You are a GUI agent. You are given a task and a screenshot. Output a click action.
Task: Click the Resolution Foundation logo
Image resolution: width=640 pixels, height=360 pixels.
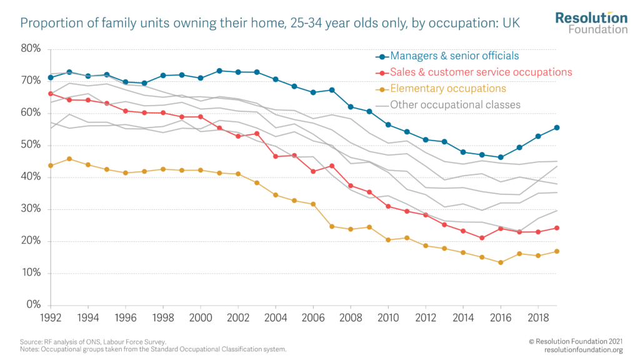pos(591,22)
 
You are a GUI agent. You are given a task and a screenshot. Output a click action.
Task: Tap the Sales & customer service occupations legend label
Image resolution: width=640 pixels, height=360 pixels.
pos(481,72)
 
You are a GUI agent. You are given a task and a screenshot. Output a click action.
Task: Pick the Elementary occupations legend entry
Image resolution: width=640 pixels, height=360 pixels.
pos(447,88)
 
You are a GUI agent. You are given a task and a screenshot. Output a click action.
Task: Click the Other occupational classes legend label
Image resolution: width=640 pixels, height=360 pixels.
pos(455,104)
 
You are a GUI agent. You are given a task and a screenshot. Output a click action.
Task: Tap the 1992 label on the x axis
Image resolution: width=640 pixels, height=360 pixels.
pos(51,318)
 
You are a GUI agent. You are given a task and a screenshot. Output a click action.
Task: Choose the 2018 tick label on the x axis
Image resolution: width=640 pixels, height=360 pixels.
pos(537,318)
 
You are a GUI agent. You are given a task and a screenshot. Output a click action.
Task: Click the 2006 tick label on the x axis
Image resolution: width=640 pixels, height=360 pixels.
pos(312,318)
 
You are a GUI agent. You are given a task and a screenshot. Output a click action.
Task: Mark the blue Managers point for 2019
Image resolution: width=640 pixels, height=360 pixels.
pos(556,127)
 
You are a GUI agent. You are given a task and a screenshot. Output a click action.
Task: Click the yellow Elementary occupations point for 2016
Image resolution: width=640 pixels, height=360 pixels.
pos(500,262)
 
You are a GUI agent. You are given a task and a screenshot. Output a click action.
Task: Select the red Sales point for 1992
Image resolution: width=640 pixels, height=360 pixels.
pos(51,94)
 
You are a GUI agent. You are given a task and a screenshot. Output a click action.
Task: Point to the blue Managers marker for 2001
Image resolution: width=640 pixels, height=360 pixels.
pos(219,71)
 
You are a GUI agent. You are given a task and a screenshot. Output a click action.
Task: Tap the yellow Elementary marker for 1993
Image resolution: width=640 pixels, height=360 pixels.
pos(69,159)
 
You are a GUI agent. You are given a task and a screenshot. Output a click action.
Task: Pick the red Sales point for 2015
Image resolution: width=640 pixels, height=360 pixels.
pos(481,237)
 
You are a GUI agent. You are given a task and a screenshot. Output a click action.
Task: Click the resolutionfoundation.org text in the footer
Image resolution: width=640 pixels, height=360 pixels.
pos(583,349)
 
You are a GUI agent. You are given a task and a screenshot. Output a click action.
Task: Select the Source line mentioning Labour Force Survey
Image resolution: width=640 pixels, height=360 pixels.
pos(94,341)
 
